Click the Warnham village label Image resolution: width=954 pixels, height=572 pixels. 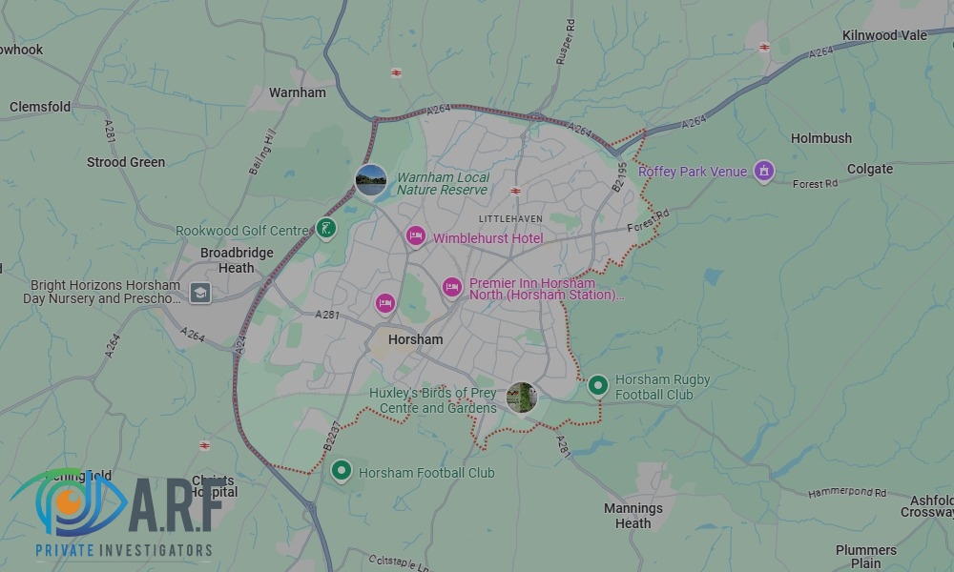coord(297,92)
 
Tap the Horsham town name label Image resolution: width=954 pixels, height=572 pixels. coord(416,339)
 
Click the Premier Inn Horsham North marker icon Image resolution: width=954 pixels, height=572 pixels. coord(451,287)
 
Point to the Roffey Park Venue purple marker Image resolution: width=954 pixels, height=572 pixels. coord(763,172)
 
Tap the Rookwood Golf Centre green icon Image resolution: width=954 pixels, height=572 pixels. coord(326,229)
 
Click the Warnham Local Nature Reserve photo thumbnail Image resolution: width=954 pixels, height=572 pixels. coord(371,179)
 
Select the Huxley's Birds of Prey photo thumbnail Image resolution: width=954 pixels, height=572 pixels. coord(522,398)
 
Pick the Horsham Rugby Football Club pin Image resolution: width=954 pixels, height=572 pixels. coord(597,385)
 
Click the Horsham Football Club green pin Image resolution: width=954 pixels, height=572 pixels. coord(342,471)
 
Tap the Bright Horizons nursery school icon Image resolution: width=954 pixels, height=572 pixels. coord(199,293)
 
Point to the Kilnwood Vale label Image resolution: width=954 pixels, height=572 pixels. coord(884,35)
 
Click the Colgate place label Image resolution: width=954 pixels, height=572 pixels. coord(870,169)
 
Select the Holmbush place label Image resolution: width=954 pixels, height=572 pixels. coord(820,138)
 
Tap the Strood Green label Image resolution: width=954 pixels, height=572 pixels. coord(126,162)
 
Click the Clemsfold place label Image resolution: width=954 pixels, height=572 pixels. coord(40,107)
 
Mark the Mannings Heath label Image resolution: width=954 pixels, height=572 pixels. coord(633,516)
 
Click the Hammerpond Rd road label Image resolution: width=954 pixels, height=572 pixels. coord(847,493)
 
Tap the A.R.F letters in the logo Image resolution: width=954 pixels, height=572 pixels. coord(176,500)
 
